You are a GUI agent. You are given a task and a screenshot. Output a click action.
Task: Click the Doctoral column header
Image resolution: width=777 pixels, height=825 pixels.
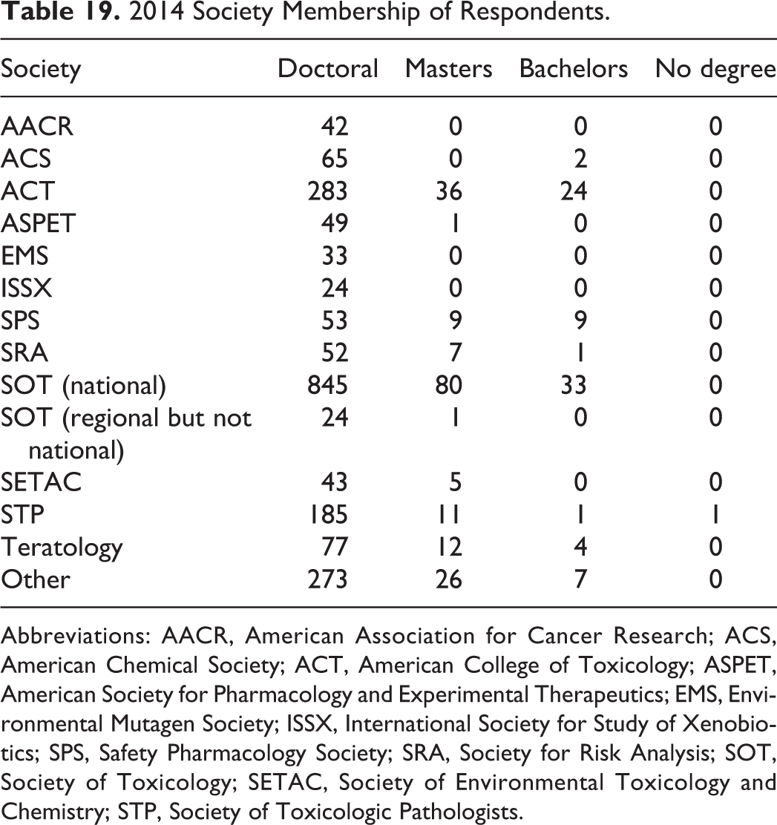click(x=328, y=68)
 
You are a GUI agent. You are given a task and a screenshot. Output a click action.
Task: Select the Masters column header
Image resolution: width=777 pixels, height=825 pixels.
click(x=448, y=68)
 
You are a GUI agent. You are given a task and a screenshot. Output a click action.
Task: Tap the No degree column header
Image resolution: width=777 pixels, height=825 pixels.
click(x=715, y=70)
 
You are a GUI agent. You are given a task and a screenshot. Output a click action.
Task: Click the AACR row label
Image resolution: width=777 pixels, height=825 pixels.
click(x=37, y=126)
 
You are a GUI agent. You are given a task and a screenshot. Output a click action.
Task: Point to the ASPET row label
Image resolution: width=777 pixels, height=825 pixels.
click(x=39, y=223)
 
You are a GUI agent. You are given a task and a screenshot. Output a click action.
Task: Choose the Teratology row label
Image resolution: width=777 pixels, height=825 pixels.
click(x=62, y=548)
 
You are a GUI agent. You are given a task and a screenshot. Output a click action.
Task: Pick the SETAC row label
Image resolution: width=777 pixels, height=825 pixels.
click(x=41, y=482)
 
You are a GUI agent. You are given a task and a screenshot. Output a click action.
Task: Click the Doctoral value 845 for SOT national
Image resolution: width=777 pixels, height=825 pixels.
click(x=327, y=385)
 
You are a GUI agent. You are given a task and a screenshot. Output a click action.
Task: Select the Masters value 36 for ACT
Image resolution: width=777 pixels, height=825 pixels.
click(x=448, y=191)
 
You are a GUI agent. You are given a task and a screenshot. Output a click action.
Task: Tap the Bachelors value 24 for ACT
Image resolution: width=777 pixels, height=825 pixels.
click(x=574, y=191)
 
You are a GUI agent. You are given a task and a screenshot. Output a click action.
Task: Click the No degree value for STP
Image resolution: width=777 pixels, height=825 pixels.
click(x=715, y=515)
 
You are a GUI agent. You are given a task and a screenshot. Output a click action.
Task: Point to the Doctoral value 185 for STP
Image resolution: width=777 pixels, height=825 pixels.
click(x=328, y=515)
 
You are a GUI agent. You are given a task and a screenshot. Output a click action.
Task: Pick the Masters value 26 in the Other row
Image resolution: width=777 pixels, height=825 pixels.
click(x=448, y=579)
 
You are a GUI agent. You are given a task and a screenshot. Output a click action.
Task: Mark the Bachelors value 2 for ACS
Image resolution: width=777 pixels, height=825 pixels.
click(x=580, y=158)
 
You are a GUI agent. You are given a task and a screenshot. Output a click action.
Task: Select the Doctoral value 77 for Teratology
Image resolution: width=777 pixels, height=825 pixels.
click(x=335, y=548)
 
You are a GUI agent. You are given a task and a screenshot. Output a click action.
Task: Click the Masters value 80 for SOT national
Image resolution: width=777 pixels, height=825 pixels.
click(x=448, y=385)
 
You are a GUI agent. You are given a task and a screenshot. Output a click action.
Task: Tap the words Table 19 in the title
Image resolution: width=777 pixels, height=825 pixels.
click(x=60, y=12)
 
